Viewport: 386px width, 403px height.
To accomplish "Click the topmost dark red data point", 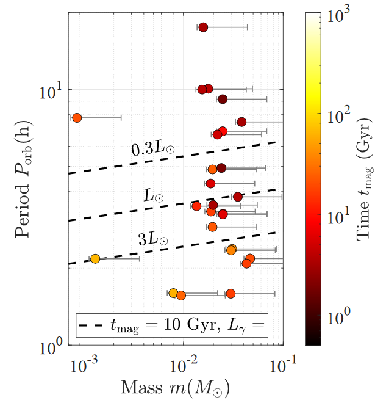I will click(203, 27).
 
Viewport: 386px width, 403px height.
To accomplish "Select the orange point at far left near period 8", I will click(77, 117).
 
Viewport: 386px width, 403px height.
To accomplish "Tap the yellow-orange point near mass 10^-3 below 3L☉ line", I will click(95, 259).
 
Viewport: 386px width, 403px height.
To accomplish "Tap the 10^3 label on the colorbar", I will click(340, 16).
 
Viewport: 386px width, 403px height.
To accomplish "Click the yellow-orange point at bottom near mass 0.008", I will click(173, 293).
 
